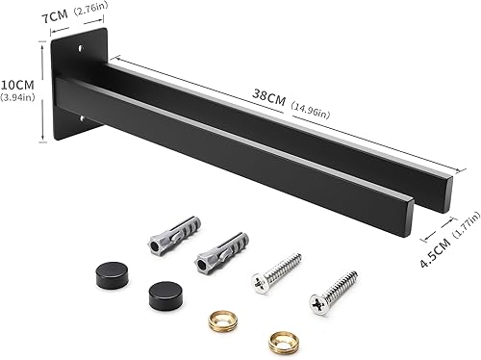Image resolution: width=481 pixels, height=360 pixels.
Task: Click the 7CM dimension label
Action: coord(55,16)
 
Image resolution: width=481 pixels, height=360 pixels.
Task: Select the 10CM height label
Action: coord(17,85)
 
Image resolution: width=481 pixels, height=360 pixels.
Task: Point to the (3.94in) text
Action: coord(17,97)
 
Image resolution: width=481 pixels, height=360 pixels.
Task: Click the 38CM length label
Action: coord(268,97)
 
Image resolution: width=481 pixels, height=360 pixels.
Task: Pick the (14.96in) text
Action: coord(310,110)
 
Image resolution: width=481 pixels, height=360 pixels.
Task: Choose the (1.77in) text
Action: coord(466,224)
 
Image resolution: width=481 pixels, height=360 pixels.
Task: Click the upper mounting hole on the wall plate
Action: coord(80,48)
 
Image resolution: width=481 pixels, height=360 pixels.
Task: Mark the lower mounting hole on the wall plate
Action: coord(82,119)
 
